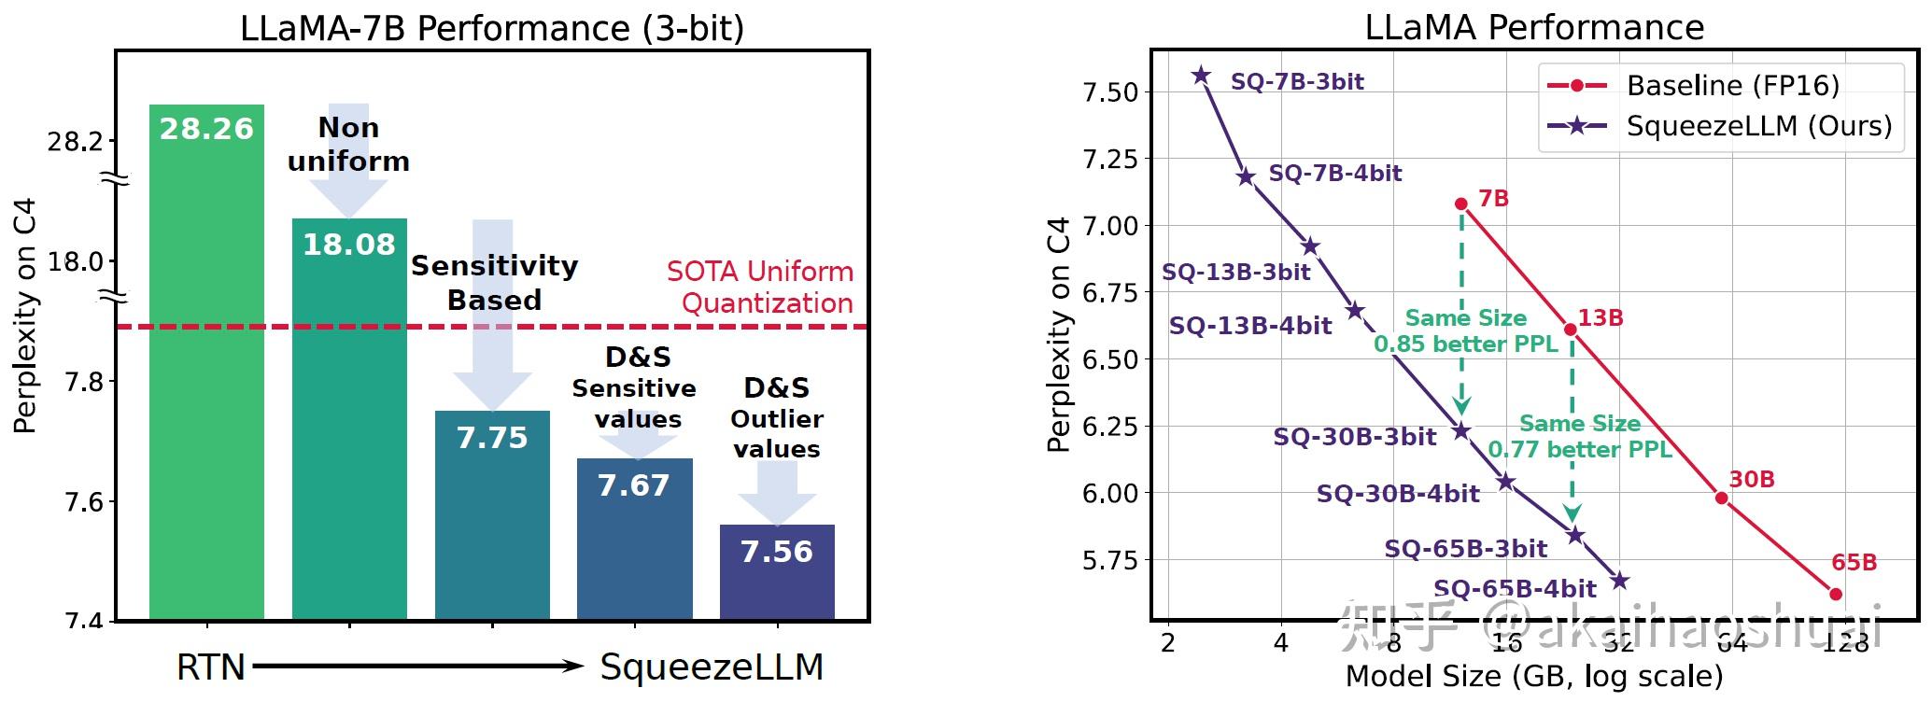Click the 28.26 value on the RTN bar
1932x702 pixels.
click(206, 129)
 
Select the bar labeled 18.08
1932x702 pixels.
click(349, 420)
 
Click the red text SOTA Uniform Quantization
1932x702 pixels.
click(760, 287)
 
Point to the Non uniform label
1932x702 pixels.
click(348, 144)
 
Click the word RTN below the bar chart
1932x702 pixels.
click(211, 667)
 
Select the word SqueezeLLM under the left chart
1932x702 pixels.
click(712, 667)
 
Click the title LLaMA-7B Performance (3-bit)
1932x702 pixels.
click(492, 27)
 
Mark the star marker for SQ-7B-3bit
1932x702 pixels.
click(1201, 77)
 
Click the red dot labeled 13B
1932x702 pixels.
click(1571, 330)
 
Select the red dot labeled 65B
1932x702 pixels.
click(1835, 594)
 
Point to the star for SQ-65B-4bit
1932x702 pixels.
click(1620, 582)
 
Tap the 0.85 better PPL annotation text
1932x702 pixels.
click(1466, 344)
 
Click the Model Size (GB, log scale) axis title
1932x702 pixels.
click(1533, 677)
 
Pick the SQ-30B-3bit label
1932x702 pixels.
click(1354, 437)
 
